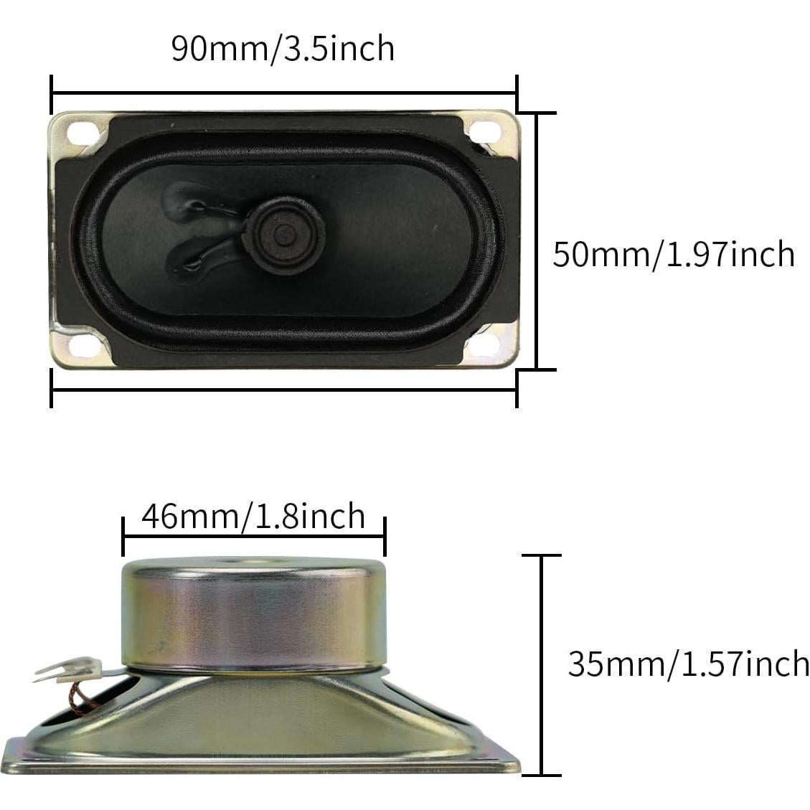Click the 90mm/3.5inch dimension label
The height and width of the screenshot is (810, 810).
(283, 49)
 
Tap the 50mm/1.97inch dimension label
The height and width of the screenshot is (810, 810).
(673, 254)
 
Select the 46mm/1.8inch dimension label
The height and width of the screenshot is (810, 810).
(253, 516)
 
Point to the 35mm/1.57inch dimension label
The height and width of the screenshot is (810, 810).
(688, 664)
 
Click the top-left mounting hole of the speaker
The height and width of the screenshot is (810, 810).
(77, 132)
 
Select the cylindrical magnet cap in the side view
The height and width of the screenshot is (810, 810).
(254, 614)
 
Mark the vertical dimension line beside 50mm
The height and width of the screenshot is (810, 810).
(537, 241)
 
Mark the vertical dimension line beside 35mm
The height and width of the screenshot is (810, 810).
(542, 664)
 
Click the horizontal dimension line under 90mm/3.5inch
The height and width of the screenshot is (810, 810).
(283, 93)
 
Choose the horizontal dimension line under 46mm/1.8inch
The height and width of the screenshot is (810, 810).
(254, 536)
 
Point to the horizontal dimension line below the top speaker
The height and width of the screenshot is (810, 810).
(283, 390)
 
